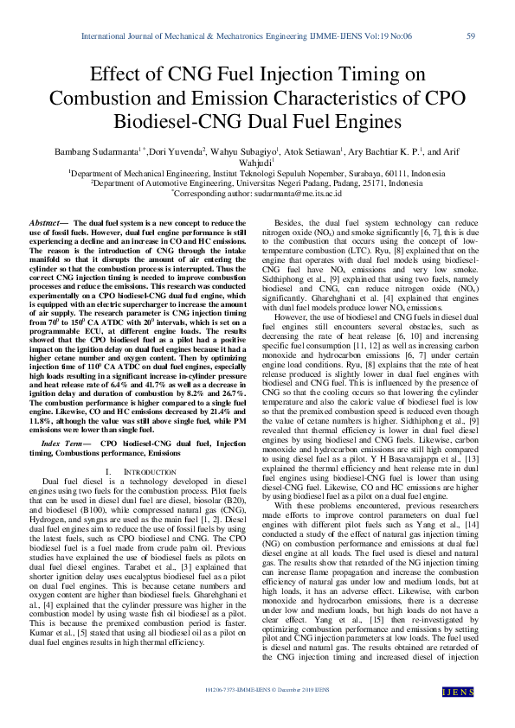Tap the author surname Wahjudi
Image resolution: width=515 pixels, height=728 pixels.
point(255,162)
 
